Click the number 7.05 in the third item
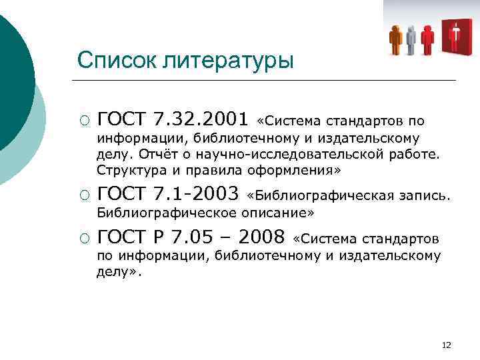point(205,237)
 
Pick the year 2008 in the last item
point(260,237)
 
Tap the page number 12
point(446,345)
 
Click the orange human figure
point(396,39)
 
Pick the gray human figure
point(411,39)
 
